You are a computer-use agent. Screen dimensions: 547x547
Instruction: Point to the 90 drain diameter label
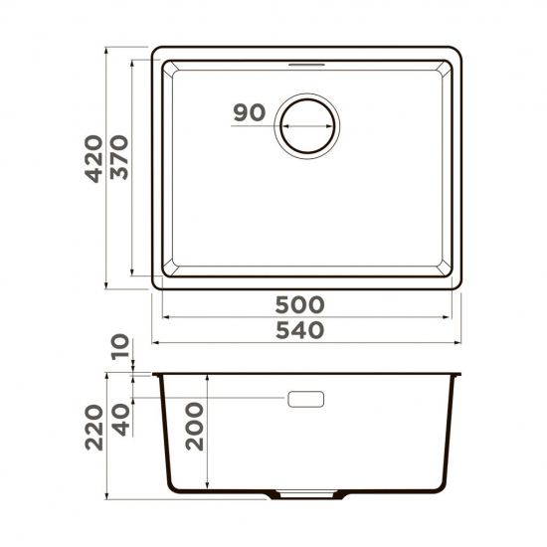(x=249, y=112)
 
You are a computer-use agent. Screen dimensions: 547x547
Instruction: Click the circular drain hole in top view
(x=309, y=126)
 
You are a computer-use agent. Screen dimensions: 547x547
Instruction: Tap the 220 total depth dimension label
(x=92, y=427)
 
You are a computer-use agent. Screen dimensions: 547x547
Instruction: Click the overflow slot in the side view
(x=305, y=398)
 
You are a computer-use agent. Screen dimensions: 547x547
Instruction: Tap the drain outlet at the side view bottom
(x=306, y=494)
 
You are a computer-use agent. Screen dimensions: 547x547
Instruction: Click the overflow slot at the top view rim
(x=307, y=62)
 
